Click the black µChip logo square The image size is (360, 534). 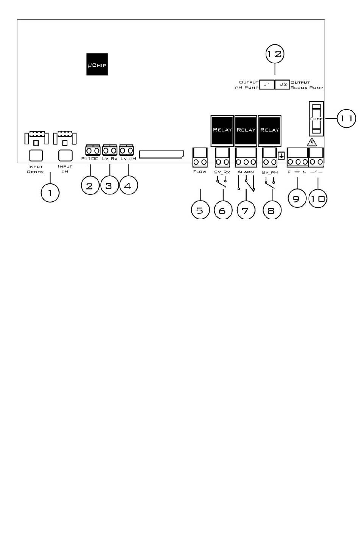click(97, 64)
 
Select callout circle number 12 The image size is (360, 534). click(275, 54)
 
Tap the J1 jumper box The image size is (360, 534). click(267, 84)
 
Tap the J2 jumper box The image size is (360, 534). click(283, 84)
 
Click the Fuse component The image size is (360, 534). click(316, 119)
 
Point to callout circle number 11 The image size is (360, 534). click(346, 118)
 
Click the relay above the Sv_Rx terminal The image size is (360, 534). click(222, 130)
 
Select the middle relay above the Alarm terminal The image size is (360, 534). click(246, 130)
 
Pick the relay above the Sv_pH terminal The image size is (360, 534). click(269, 130)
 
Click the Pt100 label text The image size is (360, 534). click(90, 158)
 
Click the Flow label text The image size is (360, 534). click(200, 172)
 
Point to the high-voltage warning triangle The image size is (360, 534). click(311, 143)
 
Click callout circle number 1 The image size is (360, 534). click(50, 193)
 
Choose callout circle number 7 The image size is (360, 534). click(246, 210)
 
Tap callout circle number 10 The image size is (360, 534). click(318, 198)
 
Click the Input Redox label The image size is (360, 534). click(36, 169)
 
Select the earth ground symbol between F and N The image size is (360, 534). click(297, 172)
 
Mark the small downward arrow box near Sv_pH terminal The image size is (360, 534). click(281, 155)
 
